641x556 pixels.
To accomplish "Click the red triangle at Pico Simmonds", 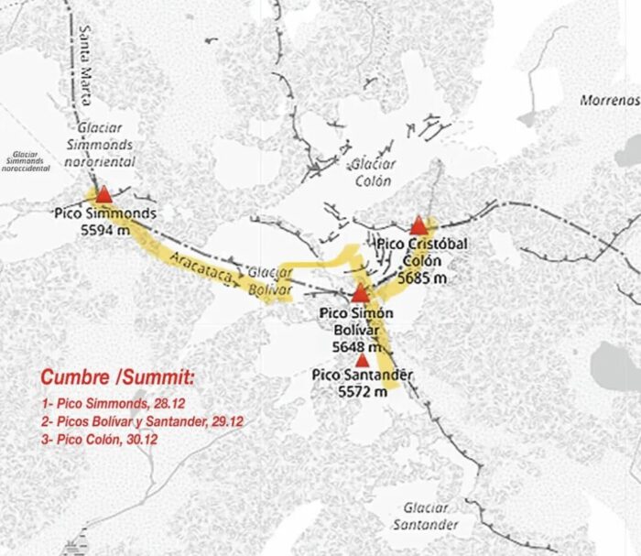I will click(x=103, y=195).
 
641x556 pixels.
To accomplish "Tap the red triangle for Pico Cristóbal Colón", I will click(x=418, y=225).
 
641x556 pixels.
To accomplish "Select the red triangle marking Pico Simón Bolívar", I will click(x=361, y=294).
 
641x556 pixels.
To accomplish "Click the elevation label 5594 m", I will click(x=103, y=232).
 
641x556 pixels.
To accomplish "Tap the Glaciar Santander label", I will click(x=426, y=516).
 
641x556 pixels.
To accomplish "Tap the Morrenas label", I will click(x=609, y=99).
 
